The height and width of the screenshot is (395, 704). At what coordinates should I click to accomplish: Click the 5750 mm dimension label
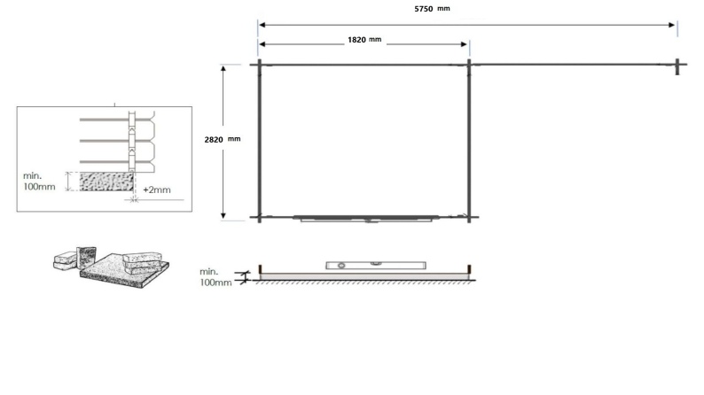click(x=431, y=9)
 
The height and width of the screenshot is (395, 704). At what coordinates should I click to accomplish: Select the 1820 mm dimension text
click(x=363, y=43)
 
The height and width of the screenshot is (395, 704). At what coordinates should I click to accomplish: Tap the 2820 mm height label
click(x=223, y=139)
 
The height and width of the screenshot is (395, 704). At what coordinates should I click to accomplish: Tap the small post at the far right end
click(x=677, y=65)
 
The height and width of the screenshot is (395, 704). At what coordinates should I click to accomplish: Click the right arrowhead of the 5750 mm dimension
click(x=673, y=25)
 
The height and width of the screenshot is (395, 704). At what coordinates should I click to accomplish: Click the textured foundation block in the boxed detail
click(x=106, y=182)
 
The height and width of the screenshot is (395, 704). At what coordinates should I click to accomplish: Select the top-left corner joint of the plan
click(x=258, y=65)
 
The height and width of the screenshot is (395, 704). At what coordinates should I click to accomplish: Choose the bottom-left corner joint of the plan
click(x=258, y=216)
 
